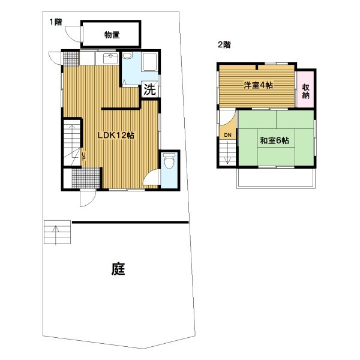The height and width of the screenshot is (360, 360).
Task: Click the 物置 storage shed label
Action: (x=112, y=35)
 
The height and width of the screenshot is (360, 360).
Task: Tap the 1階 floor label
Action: (x=56, y=22)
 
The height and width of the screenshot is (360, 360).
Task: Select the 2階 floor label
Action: (x=224, y=44)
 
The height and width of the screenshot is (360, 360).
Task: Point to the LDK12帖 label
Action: (x=116, y=135)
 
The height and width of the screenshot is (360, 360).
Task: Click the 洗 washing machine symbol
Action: (x=149, y=89)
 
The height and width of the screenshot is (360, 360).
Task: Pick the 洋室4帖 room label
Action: (x=258, y=85)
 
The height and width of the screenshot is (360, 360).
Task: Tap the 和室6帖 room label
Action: (x=274, y=140)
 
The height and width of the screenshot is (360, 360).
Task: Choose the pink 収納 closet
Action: (x=305, y=89)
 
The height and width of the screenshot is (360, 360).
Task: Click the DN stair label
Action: (x=227, y=135)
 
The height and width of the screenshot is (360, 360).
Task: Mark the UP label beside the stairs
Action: (x=84, y=156)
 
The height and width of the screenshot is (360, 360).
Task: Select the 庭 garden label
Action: (x=118, y=269)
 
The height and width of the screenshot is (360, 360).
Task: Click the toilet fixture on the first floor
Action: (x=169, y=161)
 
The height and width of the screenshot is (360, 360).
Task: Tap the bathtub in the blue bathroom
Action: (x=149, y=62)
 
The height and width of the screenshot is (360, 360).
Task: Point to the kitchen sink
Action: (x=110, y=59)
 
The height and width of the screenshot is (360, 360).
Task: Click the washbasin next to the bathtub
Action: (x=127, y=56)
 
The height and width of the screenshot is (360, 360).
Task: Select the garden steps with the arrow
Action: (x=57, y=232)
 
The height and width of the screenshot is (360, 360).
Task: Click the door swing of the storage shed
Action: (x=73, y=34)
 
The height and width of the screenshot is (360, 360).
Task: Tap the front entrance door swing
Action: (x=88, y=199)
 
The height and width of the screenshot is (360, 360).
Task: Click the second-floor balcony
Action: (x=276, y=178)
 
